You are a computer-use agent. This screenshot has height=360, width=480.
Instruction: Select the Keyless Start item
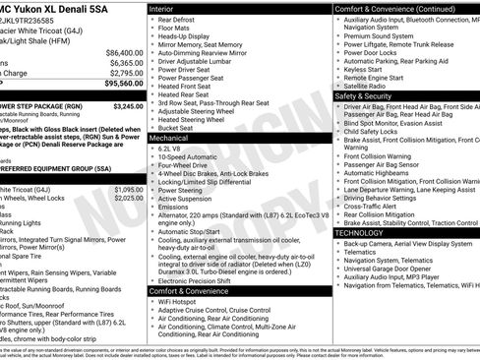coord(364,70)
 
